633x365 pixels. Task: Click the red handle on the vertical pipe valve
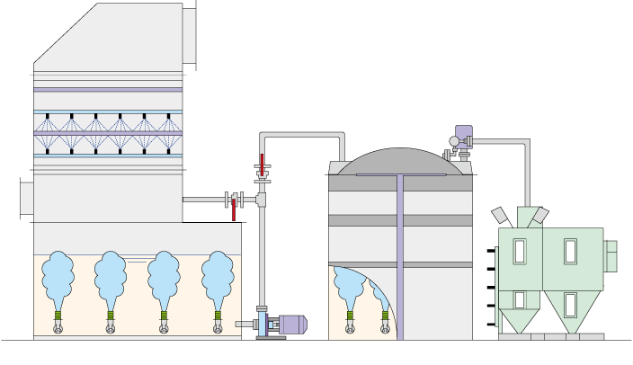click(262, 166)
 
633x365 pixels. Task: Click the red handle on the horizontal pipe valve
click(234, 210)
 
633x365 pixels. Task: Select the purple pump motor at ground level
click(292, 325)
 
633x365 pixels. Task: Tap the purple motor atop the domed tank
click(463, 134)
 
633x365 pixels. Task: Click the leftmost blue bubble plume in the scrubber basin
click(59, 274)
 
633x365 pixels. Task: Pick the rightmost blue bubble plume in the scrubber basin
click(217, 274)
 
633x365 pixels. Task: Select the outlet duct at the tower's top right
click(190, 34)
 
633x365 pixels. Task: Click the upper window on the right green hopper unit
click(570, 250)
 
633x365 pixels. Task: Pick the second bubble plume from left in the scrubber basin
click(111, 274)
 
